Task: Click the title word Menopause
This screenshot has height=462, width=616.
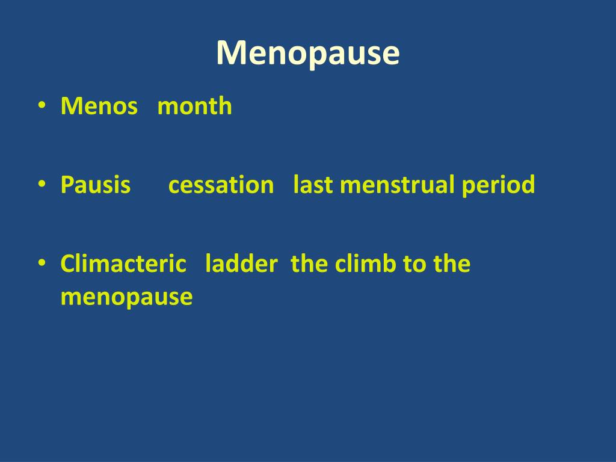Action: tap(308, 54)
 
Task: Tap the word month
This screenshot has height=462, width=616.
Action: tap(194, 106)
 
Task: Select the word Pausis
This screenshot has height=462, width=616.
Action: tap(95, 185)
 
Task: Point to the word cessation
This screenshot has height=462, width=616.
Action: tap(221, 185)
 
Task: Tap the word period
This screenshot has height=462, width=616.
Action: tap(498, 185)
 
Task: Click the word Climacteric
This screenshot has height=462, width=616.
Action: tap(123, 263)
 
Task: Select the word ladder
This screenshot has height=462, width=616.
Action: tap(241, 263)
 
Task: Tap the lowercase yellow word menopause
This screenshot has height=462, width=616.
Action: tap(126, 297)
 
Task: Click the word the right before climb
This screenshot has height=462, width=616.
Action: tap(309, 263)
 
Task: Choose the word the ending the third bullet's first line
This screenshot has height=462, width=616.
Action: tap(451, 263)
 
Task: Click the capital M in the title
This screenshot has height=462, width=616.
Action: tap(229, 54)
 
